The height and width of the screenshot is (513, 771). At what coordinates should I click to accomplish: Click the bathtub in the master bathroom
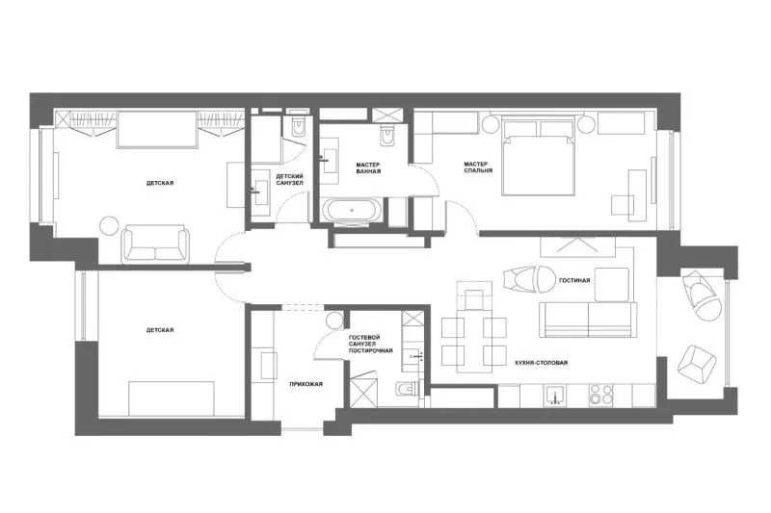352,211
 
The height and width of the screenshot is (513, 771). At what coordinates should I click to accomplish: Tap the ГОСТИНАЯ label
574,281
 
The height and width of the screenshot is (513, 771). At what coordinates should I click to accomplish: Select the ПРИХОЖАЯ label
306,384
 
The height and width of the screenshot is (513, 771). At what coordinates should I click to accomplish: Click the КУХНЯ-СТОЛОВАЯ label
542,363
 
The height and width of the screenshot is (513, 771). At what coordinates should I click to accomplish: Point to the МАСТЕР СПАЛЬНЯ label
478,167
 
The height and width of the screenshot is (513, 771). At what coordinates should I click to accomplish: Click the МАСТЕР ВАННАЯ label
369,167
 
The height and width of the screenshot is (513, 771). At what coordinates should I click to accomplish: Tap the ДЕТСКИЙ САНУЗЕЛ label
290,179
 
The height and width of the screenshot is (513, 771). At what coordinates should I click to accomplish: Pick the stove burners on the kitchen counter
601,395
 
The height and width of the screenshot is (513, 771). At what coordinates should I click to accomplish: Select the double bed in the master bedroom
539,156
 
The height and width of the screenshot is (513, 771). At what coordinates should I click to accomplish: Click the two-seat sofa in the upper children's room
155,244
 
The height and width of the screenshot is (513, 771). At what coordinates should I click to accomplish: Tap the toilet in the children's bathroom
299,126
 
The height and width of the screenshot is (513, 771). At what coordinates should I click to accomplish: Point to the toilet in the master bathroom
387,135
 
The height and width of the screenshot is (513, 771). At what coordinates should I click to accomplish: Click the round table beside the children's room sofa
109,226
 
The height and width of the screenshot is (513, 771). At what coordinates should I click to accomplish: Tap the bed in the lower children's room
172,398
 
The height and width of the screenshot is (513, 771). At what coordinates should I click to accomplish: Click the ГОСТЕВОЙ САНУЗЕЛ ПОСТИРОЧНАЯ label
371,344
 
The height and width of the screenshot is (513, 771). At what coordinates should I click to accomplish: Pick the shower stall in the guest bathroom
364,391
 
